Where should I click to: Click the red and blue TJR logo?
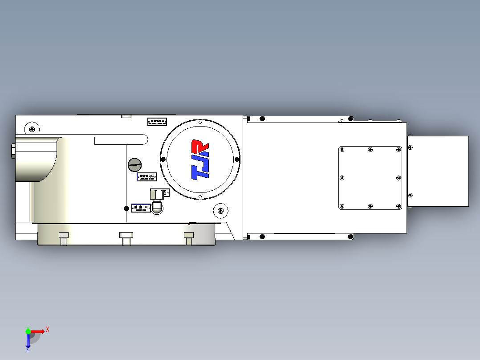tap(200, 160)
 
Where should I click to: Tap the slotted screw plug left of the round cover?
tap(134, 164)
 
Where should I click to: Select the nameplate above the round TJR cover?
tap(157, 121)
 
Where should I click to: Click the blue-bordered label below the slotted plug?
tap(146, 177)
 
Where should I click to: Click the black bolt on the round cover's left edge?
tap(163, 160)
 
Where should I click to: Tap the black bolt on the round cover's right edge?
tap(237, 160)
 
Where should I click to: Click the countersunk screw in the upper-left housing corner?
tap(32, 129)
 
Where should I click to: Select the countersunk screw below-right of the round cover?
tap(220, 210)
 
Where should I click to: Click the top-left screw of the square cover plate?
tap(342, 150)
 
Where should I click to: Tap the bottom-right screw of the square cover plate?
tap(399, 206)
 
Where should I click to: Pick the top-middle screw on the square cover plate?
tap(370, 150)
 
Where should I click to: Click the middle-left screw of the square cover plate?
tap(342, 178)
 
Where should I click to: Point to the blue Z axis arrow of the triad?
tap(28, 341)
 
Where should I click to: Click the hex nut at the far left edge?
tap(12, 151)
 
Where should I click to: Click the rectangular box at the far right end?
tap(438, 171)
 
